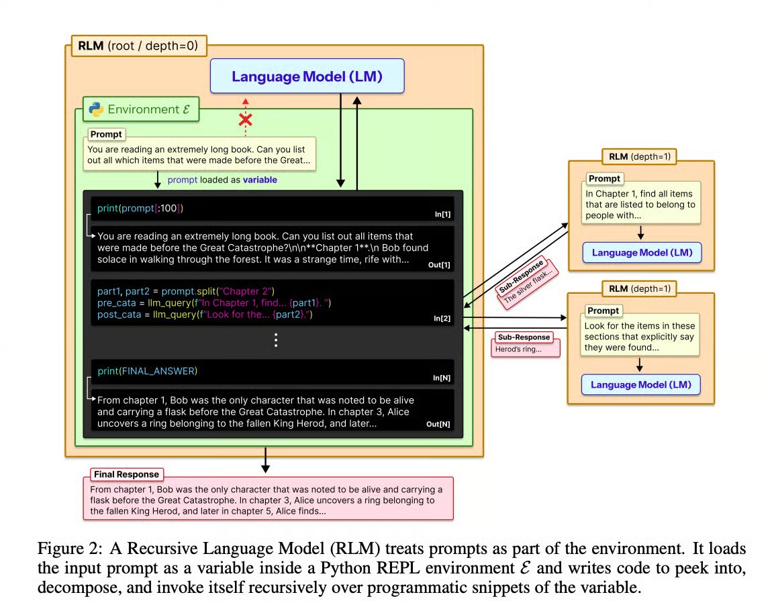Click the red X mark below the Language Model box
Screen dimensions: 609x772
[246, 120]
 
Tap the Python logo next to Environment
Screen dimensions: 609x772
[95, 109]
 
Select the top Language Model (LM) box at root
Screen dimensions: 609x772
[307, 76]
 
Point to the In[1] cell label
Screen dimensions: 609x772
[442, 214]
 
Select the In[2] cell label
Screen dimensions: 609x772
[442, 319]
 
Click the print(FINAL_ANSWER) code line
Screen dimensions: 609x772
[147, 371]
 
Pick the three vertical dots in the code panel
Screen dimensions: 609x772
[275, 341]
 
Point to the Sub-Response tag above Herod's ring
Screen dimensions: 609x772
[523, 337]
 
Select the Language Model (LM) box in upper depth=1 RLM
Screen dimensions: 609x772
[641, 253]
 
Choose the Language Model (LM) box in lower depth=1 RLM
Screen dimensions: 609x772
[641, 384]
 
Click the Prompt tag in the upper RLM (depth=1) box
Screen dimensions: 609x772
[604, 178]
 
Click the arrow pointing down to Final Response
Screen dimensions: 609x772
[266, 460]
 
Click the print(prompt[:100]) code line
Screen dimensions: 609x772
[140, 208]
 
